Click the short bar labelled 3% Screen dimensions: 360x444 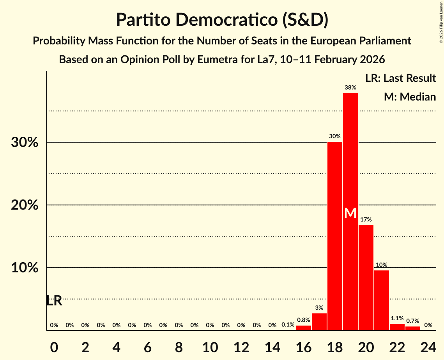[x=319, y=322]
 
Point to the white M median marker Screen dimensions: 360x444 [x=350, y=213]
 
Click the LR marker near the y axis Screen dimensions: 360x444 [x=54, y=301]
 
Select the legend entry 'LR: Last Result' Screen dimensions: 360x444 [x=400, y=78]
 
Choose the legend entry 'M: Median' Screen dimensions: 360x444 [x=410, y=97]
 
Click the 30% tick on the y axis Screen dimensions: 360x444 [x=25, y=143]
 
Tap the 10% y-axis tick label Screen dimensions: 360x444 [x=25, y=268]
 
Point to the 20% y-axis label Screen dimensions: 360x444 [x=25, y=205]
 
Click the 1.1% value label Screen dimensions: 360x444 [x=397, y=318]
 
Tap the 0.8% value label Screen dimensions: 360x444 [x=303, y=320]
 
